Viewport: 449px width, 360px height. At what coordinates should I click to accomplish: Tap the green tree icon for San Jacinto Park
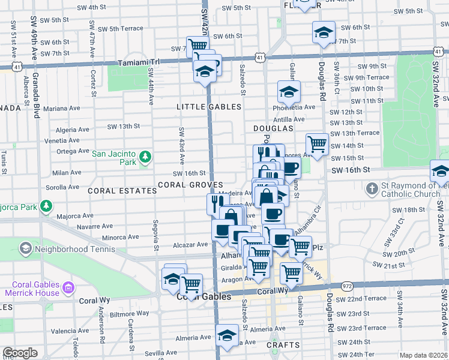[x=145, y=158]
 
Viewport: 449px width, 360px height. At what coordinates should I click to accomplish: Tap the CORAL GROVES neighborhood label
[x=190, y=185]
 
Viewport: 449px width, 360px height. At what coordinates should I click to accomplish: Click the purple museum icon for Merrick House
[x=68, y=289]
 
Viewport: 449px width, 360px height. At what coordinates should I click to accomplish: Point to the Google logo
[x=20, y=353]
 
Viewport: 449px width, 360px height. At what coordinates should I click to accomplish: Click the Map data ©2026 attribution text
[x=423, y=356]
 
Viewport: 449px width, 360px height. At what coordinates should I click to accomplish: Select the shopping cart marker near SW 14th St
[x=316, y=143]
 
